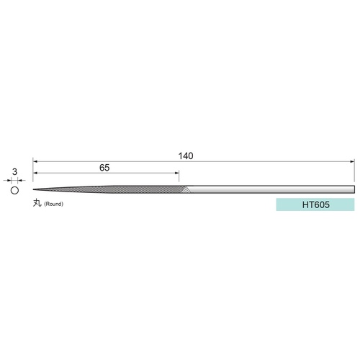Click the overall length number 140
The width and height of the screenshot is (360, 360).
pos(186,156)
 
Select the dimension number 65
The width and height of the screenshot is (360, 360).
pos(104,168)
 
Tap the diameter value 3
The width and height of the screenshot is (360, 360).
pos(14,172)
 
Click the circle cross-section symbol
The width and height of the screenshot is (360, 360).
pos(14,191)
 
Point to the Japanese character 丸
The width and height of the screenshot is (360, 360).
pos(37,203)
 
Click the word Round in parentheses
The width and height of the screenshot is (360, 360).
pos(53,204)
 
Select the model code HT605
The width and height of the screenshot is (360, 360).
pos(315,204)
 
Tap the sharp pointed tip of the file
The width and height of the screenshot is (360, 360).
pos(33,189)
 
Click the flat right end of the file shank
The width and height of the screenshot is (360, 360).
pos(354,189)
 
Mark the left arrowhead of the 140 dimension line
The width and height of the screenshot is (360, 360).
pos(35,161)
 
